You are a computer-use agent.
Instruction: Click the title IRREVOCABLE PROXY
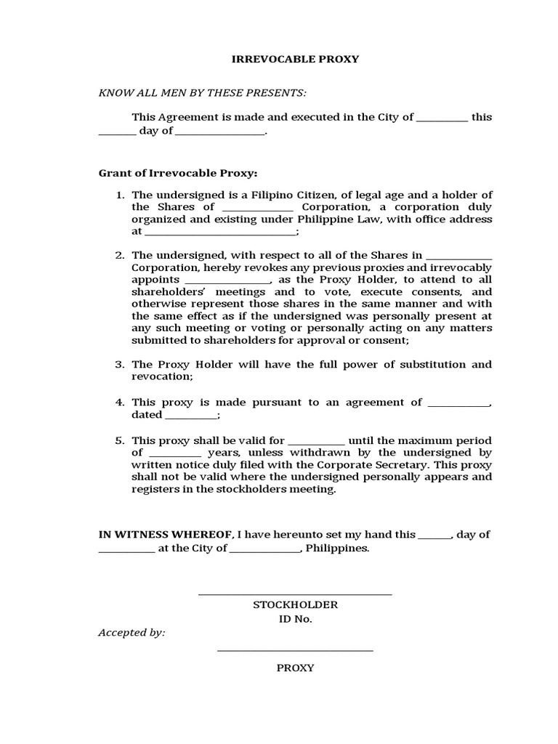pos(295,59)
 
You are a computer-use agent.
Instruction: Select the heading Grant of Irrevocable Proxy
pos(178,174)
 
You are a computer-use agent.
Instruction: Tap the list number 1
pos(121,195)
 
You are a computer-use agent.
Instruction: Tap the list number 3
pos(121,365)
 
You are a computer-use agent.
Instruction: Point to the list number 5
pos(121,441)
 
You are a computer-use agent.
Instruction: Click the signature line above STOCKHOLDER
pos(295,595)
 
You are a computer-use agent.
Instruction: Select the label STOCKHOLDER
pos(295,605)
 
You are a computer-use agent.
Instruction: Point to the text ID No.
pos(295,620)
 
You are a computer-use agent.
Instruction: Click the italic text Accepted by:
pos(132,633)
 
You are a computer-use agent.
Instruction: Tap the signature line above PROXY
pos(295,650)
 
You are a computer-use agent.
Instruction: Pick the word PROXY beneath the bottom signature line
pos(295,668)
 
